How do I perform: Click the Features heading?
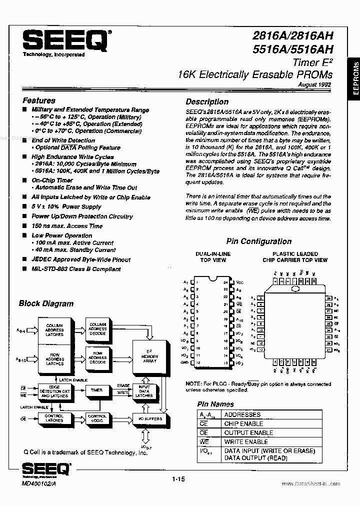(x=39, y=100)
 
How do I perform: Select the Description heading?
(x=207, y=101)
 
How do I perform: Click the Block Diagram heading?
(x=46, y=303)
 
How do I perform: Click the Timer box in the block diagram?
(x=96, y=390)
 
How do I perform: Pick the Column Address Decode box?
(x=97, y=327)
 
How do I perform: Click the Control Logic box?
(x=97, y=419)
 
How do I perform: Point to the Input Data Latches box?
(x=144, y=391)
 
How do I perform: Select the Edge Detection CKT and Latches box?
(x=55, y=392)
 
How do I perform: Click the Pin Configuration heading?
(x=258, y=241)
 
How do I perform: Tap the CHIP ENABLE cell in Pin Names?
(x=243, y=423)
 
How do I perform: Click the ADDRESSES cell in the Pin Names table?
(x=242, y=414)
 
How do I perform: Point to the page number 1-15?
(x=177, y=480)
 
